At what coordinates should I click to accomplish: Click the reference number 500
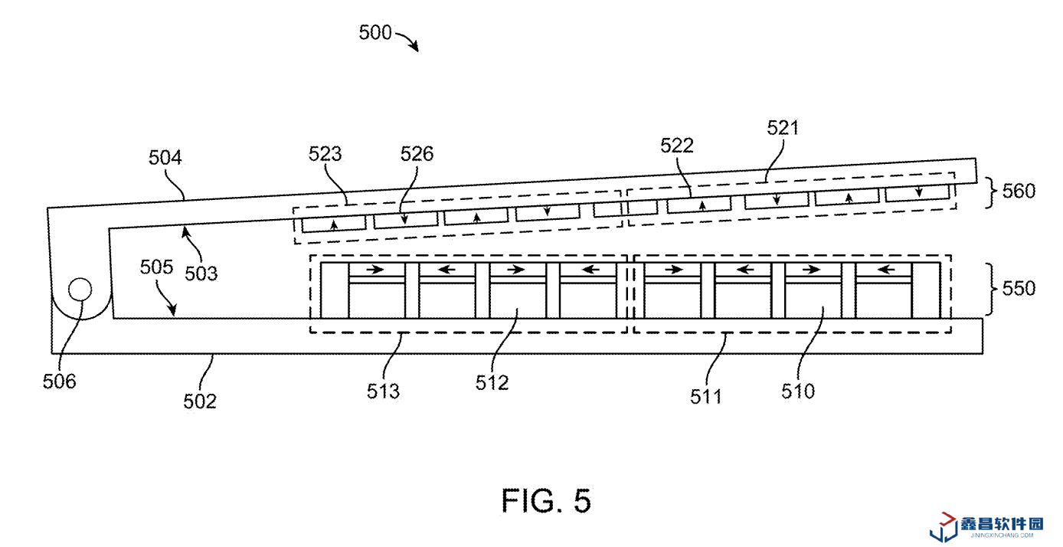click(x=375, y=33)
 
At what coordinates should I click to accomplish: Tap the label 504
click(x=165, y=159)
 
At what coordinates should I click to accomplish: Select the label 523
click(x=325, y=153)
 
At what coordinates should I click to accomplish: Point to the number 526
click(x=417, y=154)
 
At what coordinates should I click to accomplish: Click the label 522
click(x=677, y=146)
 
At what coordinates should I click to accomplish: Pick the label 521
click(x=783, y=128)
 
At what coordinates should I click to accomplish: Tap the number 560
click(x=1018, y=191)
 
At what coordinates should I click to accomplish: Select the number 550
click(x=1018, y=289)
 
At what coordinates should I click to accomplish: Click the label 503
click(x=201, y=272)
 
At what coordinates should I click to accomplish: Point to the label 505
click(x=157, y=267)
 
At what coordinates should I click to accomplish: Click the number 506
click(x=60, y=381)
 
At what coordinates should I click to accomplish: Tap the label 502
click(x=200, y=401)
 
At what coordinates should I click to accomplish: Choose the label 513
click(x=383, y=391)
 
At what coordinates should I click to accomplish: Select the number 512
click(x=492, y=383)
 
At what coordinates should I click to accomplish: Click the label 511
click(x=706, y=396)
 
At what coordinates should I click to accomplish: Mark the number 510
click(x=798, y=391)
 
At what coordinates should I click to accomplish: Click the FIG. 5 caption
click(x=546, y=501)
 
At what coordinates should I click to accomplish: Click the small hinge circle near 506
click(x=80, y=290)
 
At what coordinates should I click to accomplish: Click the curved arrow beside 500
click(x=407, y=41)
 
